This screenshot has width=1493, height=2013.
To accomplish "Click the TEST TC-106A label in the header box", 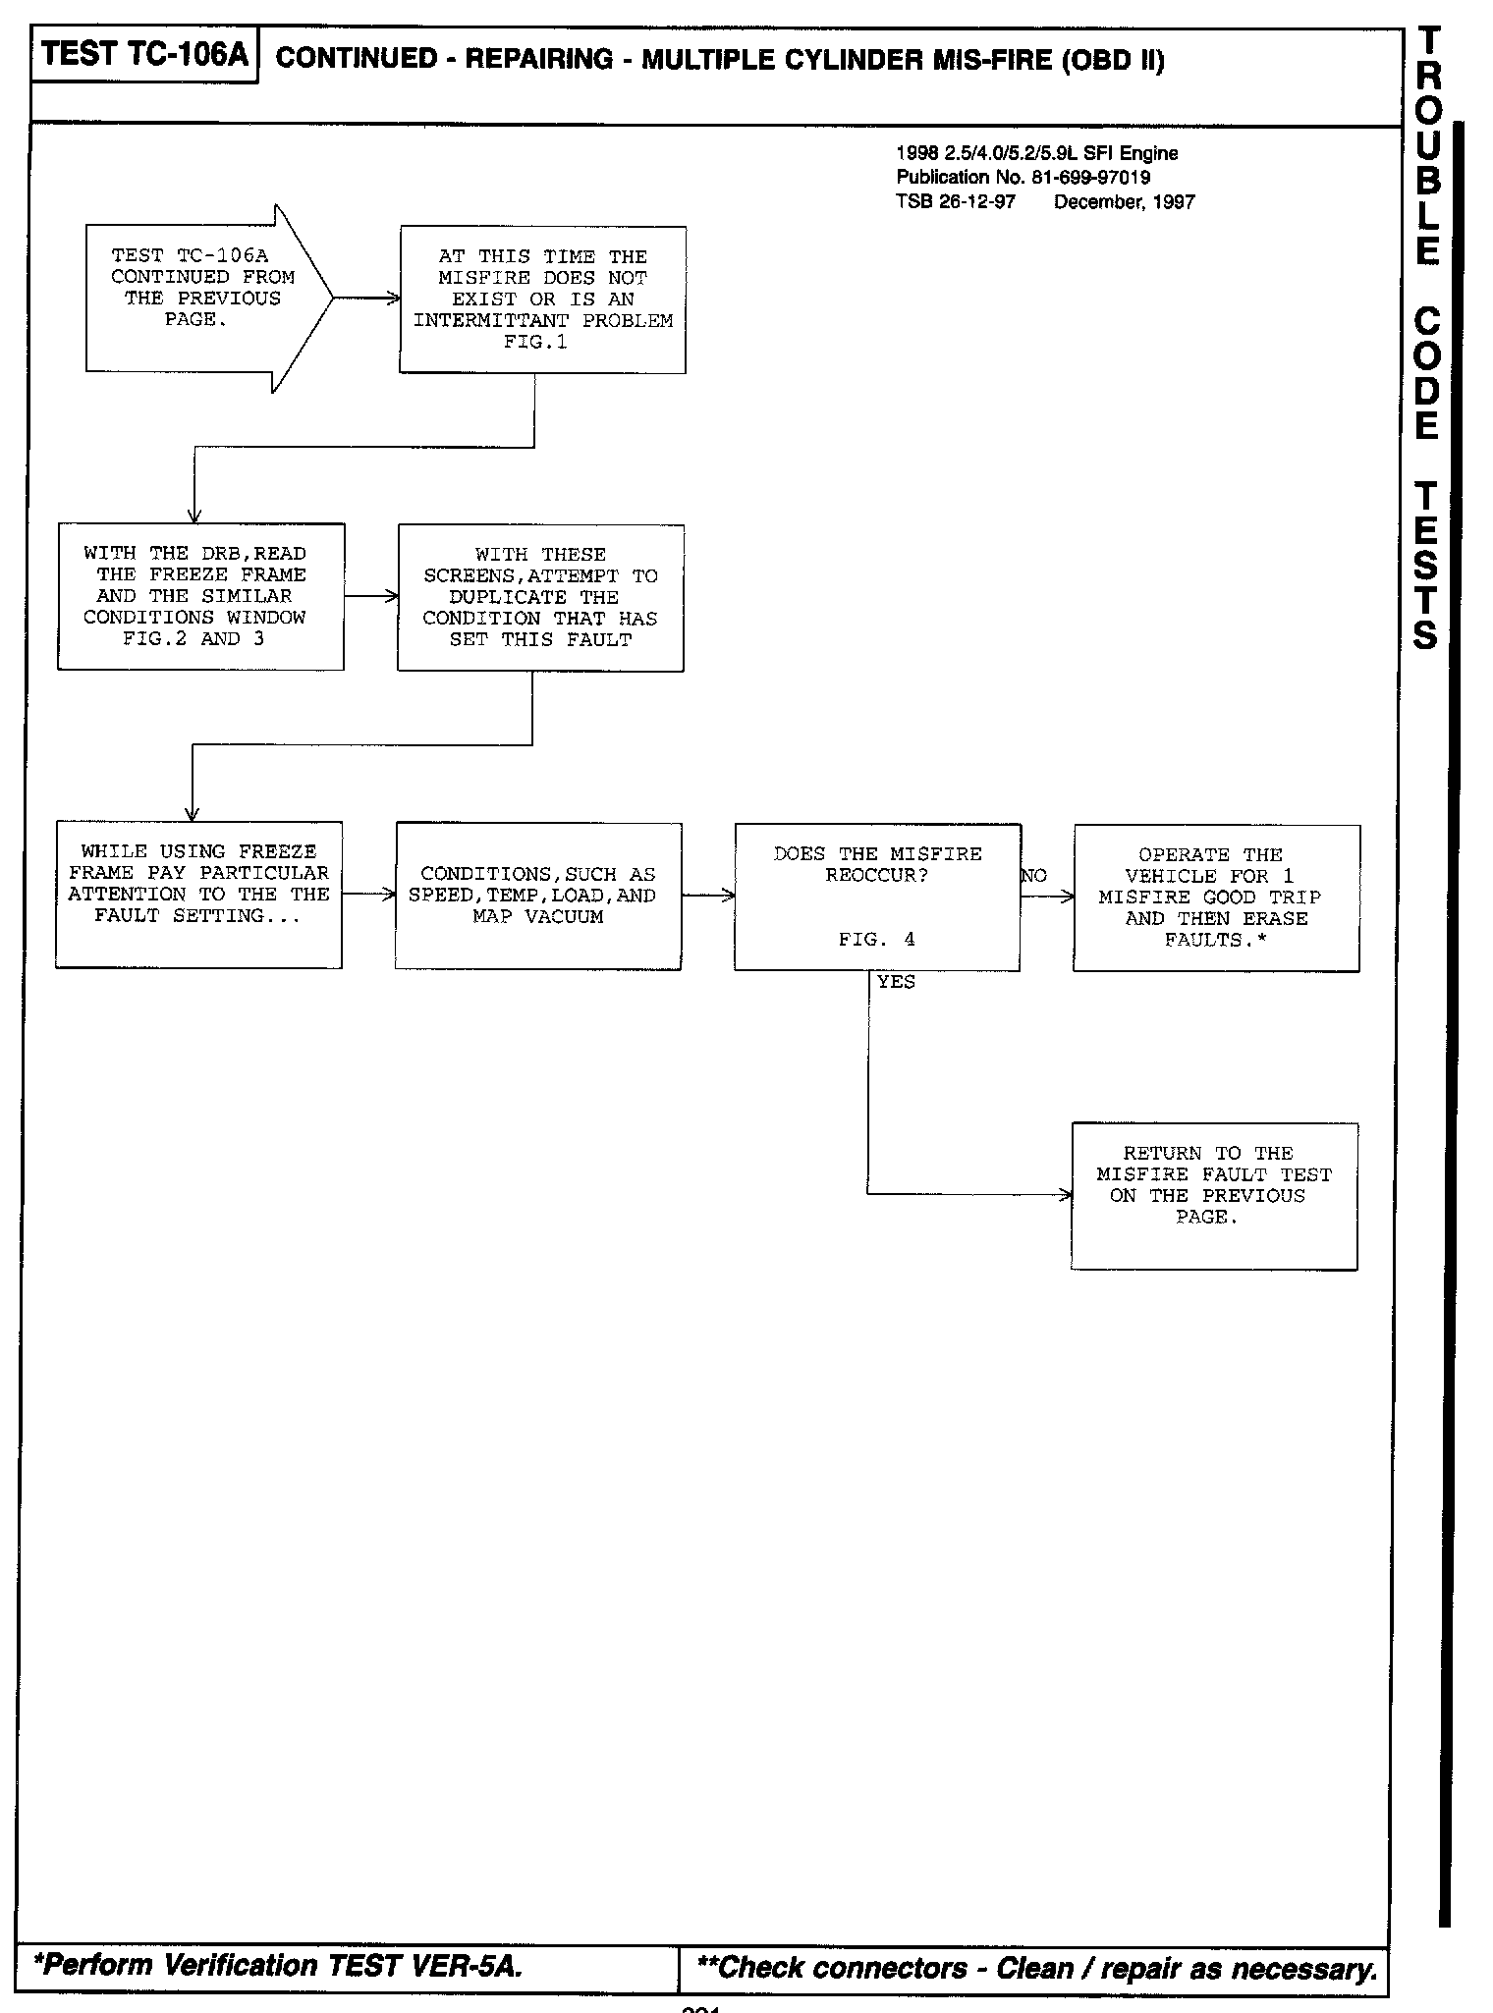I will (145, 55).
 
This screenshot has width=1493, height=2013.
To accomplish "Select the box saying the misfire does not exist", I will (542, 299).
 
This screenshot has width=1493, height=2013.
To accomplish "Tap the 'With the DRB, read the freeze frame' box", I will (200, 596).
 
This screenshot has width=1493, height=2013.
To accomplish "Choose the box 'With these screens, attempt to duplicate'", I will (540, 597).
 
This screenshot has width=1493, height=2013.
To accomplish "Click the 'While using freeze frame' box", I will (198, 894).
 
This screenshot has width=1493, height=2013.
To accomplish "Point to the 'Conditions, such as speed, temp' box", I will (538, 896).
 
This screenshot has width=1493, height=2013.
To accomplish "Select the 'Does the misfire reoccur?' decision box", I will (877, 896).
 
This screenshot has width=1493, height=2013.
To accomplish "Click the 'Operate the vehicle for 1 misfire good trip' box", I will (1216, 898).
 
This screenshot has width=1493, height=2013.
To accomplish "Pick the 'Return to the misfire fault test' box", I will (1214, 1195).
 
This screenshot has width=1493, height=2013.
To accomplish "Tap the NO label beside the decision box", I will (1034, 876).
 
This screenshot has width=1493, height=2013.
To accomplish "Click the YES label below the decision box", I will (896, 982).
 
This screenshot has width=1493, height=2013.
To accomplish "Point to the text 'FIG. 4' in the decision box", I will (876, 940).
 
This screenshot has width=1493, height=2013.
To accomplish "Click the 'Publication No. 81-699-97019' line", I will (1023, 178).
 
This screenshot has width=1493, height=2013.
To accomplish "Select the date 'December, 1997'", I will (1125, 202).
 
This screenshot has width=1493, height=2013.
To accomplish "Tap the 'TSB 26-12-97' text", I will (956, 202).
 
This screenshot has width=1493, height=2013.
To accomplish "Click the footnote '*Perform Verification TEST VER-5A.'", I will (278, 1965).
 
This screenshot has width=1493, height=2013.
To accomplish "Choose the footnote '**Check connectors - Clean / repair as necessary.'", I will (1036, 1968).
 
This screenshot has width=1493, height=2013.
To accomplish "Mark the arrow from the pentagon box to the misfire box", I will (366, 298).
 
